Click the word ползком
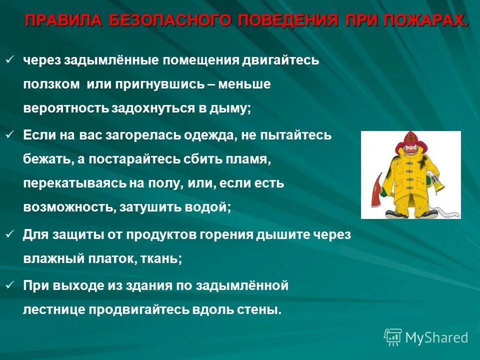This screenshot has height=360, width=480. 51,84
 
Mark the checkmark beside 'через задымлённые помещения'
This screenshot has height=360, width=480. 9,60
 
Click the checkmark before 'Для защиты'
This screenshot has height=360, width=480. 9,233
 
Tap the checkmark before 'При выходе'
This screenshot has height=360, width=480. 9,285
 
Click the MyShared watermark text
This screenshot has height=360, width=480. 436,337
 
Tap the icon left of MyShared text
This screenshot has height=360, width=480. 393,336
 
